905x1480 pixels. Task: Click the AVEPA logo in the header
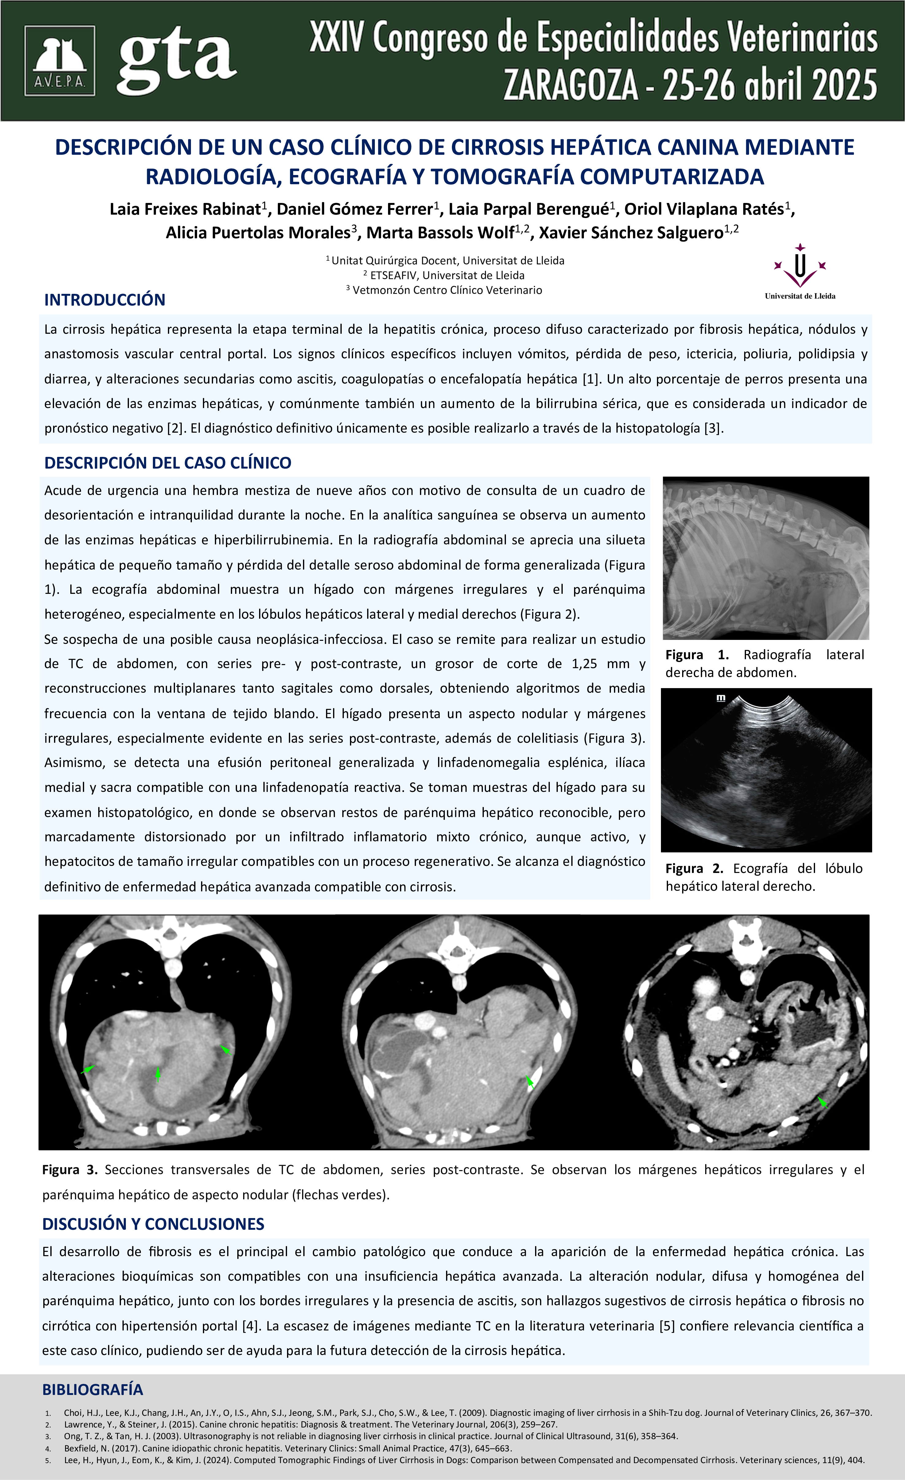point(60,61)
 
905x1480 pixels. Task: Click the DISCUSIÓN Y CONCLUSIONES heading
point(153,1224)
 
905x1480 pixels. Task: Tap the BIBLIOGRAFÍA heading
point(92,1389)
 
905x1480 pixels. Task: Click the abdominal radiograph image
point(766,558)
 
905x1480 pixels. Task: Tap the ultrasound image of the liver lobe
point(766,770)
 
